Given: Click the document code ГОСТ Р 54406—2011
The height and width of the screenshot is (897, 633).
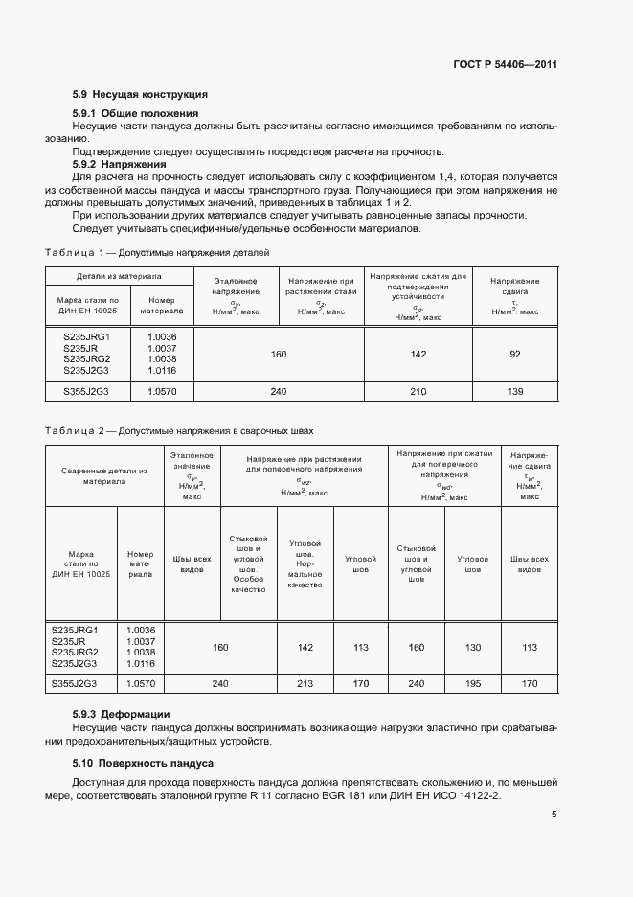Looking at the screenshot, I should pos(505,65).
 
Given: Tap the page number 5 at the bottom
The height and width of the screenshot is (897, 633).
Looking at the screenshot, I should pos(554,816).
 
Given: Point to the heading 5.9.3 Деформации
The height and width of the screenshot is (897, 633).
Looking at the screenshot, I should pos(122,714).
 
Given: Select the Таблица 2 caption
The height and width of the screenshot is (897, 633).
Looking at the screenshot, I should pos(179,431).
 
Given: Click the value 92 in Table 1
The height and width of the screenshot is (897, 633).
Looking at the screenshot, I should pos(514,355).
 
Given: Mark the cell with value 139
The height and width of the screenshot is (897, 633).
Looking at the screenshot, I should pos(514,391).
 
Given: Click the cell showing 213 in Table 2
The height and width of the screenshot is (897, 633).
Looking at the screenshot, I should pos(305,683).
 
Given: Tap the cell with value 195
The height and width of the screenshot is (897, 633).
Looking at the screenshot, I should pos(473,683).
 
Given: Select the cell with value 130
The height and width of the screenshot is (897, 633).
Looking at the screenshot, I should pos(473,647).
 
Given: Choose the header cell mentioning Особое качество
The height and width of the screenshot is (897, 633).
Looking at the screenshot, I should pos(248,565).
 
